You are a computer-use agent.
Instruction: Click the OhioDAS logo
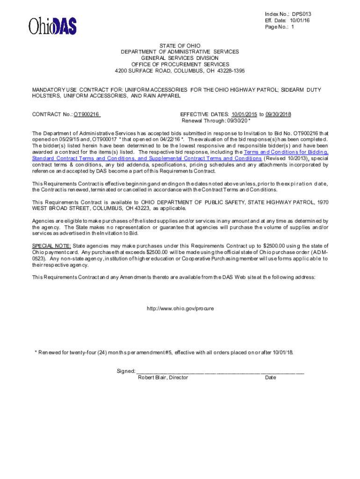52,26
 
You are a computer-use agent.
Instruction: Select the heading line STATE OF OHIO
180,45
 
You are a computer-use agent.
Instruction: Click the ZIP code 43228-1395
230,71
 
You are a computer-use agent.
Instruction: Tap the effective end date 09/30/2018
278,115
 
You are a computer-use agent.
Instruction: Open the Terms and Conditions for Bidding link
286,152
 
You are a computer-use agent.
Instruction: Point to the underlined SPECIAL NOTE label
51,246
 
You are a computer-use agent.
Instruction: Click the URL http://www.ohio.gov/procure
180,309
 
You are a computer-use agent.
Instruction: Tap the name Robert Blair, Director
163,377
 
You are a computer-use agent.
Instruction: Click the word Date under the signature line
270,377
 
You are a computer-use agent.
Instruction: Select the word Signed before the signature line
125,371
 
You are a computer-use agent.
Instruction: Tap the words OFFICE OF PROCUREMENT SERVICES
180,64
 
